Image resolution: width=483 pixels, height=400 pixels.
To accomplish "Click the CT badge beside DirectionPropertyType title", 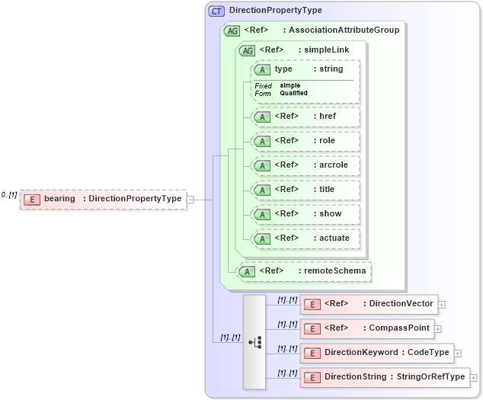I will click(217, 11).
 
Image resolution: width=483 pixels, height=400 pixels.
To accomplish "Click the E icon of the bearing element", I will click(32, 200).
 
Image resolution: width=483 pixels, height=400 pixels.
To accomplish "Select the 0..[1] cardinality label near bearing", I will click(9, 195).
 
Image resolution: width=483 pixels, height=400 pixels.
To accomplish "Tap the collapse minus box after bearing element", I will click(190, 200).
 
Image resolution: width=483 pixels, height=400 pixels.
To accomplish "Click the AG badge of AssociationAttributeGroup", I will click(231, 30).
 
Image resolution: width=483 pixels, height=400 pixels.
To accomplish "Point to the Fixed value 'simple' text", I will click(290, 85).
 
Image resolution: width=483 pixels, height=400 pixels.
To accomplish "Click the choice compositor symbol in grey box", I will click(254, 343).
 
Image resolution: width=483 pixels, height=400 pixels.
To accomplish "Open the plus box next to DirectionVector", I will click(442, 304).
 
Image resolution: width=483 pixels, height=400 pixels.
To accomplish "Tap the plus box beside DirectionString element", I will click(474, 377).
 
